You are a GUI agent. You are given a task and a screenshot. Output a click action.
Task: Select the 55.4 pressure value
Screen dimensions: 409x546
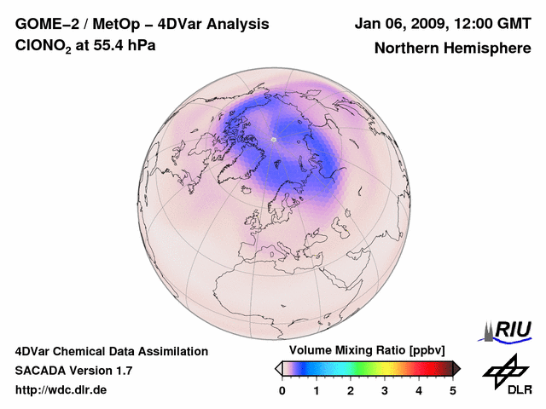point(112,46)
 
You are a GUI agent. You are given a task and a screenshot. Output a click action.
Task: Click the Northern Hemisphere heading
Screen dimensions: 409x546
point(452,48)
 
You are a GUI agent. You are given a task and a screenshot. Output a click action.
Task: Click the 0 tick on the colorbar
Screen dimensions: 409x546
point(282,390)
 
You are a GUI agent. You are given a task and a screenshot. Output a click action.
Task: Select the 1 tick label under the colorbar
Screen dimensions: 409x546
point(317,390)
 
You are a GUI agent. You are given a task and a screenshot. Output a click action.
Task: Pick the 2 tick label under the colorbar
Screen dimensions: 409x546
point(351,390)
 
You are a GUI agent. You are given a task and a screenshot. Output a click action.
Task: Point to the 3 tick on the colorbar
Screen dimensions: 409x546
point(385,390)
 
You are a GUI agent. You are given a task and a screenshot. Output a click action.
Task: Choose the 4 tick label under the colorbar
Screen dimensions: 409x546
point(419,390)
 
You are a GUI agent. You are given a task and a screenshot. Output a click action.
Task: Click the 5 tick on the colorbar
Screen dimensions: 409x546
point(453,390)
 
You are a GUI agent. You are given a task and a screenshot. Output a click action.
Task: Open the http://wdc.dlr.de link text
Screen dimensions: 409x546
point(61,390)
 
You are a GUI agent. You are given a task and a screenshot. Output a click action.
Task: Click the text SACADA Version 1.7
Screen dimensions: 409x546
point(73,371)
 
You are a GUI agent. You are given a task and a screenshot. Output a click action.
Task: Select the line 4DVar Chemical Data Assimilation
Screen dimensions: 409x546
point(112,351)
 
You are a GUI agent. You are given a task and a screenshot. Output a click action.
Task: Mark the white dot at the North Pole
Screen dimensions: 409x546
point(273,139)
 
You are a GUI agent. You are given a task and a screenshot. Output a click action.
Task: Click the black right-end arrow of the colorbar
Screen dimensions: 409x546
point(456,368)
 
